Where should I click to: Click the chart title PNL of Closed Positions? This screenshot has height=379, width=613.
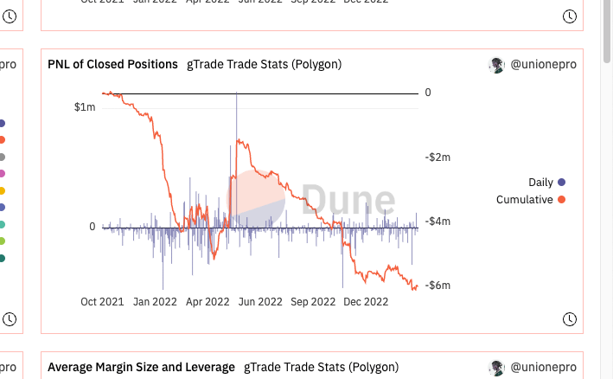(x=112, y=64)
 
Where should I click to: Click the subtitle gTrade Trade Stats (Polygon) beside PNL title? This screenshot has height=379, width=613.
(x=264, y=64)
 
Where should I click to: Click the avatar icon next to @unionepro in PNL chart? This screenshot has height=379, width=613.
(x=496, y=64)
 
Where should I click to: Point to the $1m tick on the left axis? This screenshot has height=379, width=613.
(x=85, y=107)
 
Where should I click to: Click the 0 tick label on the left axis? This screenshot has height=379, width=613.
(x=93, y=227)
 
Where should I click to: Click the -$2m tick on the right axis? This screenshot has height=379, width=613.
(x=438, y=157)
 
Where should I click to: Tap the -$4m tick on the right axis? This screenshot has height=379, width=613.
(x=438, y=222)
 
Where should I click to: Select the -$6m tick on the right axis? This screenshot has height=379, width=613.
(x=438, y=286)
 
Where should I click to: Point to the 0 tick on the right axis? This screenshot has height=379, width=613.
(x=428, y=92)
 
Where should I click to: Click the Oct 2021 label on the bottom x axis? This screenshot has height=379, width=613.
(x=102, y=302)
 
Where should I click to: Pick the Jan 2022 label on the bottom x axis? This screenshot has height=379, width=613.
(x=155, y=302)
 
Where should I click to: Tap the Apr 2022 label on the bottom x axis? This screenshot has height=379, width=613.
(x=208, y=302)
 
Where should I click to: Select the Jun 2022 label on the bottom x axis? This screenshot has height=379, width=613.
(x=260, y=302)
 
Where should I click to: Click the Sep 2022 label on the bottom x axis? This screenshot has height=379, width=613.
(x=313, y=302)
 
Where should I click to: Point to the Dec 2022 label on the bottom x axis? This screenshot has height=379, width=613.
(x=367, y=302)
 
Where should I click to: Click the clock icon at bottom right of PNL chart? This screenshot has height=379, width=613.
(x=569, y=319)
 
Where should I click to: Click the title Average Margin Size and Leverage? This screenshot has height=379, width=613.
(x=141, y=367)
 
